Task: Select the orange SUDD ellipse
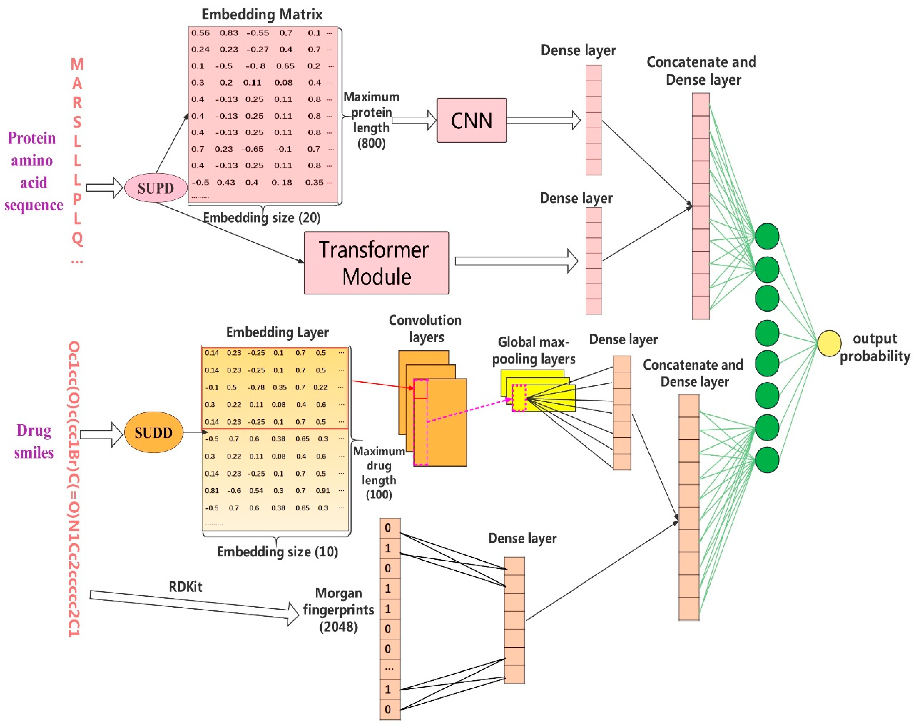pos(153,432)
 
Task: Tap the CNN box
pos(471,120)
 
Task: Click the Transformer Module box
pos(376,263)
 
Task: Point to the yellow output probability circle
pos(829,343)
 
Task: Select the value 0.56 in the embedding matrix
pos(200,33)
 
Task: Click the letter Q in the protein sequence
pos(77,238)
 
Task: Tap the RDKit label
pos(185,587)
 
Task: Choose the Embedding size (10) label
pos(277,552)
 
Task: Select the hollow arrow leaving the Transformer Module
pos(516,261)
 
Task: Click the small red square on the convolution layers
pos(420,388)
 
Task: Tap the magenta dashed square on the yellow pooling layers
pos(519,398)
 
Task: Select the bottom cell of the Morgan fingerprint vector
pos(390,709)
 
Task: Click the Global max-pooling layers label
pos(533,350)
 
